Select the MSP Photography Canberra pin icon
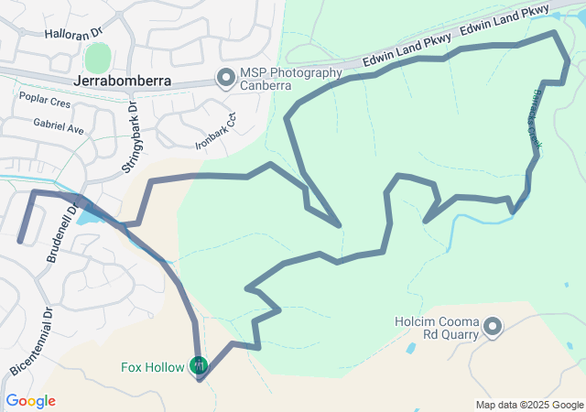(225, 79)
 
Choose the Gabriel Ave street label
(58, 128)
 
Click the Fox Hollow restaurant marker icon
(199, 367)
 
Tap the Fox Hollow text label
(152, 368)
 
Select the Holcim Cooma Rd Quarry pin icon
(493, 326)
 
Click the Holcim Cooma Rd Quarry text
(436, 328)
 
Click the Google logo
(30, 401)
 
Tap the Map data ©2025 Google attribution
(528, 405)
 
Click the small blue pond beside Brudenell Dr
(87, 218)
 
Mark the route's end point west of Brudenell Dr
(20, 241)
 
